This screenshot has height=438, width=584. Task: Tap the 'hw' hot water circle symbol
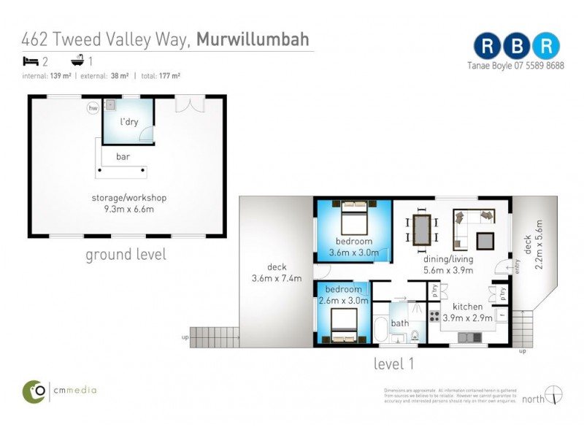(x=93, y=109)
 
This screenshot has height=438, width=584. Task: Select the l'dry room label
(x=129, y=122)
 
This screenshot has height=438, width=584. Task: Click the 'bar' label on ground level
(x=123, y=156)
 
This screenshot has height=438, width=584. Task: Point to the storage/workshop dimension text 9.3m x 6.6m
(x=128, y=209)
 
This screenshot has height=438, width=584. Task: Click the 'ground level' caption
(x=126, y=255)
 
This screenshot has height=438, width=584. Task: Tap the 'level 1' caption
(x=394, y=361)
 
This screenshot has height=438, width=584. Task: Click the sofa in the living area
(x=467, y=227)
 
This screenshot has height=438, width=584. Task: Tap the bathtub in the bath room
(x=381, y=329)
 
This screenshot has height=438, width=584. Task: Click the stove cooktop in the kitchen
(x=434, y=316)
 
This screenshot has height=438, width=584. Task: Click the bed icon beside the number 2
(x=30, y=61)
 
